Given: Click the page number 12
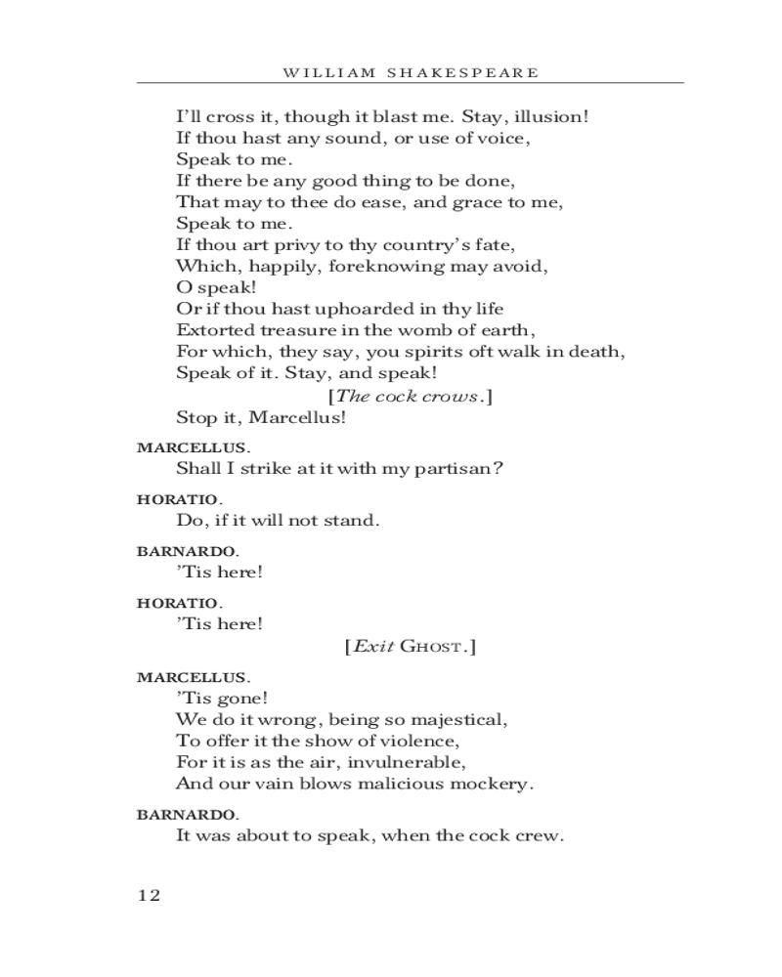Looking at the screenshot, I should (149, 895).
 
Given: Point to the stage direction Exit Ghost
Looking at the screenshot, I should (410, 647).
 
